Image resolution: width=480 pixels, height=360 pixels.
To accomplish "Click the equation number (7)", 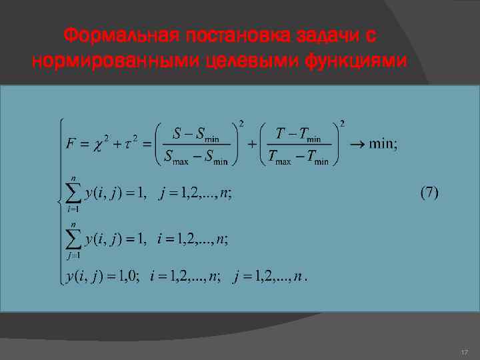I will coord(429,193).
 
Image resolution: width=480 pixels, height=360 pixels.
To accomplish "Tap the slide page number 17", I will coord(465,351).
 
